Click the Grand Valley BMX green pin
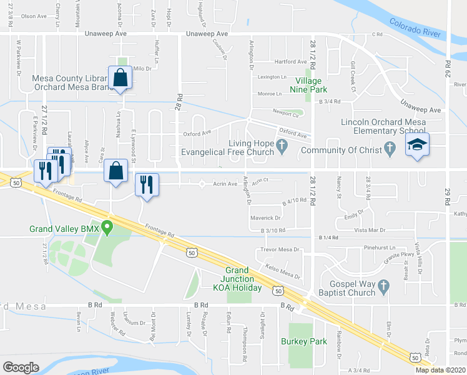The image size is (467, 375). coord(107,228)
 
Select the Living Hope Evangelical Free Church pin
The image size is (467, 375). coord(282,147)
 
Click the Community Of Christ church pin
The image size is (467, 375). coord(391,148)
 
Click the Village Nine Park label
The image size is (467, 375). coord(308,86)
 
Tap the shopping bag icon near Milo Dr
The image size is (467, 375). coord(119,78)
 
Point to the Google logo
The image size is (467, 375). coord(21,367)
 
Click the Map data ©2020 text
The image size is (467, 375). coord(441,369)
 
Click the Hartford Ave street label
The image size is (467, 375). coord(292,62)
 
